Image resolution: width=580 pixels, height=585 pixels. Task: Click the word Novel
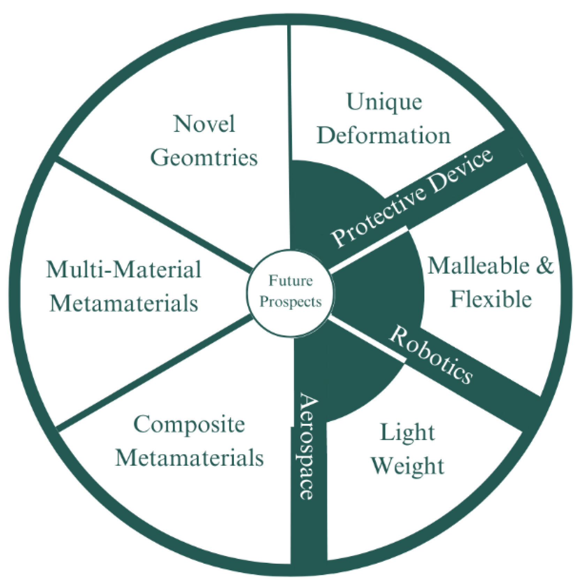coord(204,124)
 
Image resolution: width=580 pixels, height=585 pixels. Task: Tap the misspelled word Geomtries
coord(204,157)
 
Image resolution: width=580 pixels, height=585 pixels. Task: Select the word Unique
coord(384,102)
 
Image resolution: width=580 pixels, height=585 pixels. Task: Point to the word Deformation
coord(384,135)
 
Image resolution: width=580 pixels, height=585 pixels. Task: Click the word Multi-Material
coord(124,270)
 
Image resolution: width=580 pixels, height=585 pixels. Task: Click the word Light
coord(407,433)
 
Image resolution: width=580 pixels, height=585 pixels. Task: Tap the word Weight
coord(407,466)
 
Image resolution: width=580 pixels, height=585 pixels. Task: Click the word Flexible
coord(491,299)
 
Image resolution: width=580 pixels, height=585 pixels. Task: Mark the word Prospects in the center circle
coord(290,302)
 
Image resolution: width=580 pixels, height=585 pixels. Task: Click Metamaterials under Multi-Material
coord(124,303)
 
